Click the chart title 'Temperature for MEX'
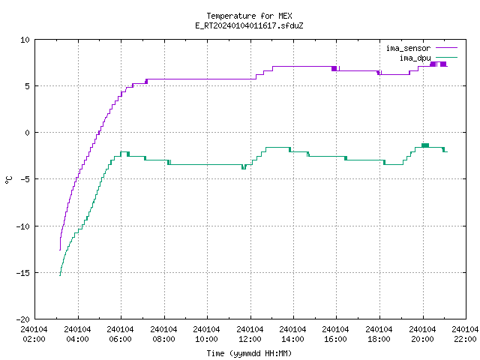point(249,16)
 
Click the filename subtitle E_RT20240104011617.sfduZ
point(249,25)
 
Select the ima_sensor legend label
point(408,48)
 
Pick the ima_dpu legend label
point(415,58)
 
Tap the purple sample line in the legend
point(446,48)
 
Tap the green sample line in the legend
point(446,57)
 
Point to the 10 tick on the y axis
point(25,40)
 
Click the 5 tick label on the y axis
point(27,86)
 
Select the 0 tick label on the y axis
point(27,133)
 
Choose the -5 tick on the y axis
point(23,179)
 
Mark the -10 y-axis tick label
point(23,226)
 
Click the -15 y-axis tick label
point(23,273)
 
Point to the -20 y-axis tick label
point(23,319)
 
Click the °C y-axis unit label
point(8,180)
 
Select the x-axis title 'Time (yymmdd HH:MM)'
point(249,353)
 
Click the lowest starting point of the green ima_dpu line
point(60,275)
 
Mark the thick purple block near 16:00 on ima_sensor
point(334,68)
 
